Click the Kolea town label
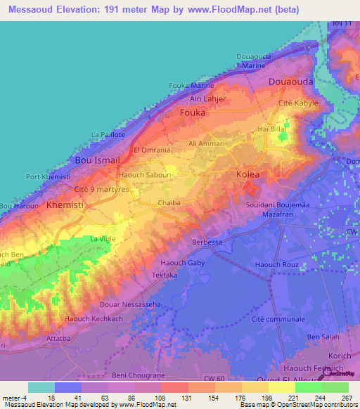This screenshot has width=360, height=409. [x=247, y=174]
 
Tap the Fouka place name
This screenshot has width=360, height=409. [x=193, y=112]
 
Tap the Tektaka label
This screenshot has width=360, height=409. [x=165, y=276]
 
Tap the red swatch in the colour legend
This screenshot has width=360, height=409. [x=174, y=387]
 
